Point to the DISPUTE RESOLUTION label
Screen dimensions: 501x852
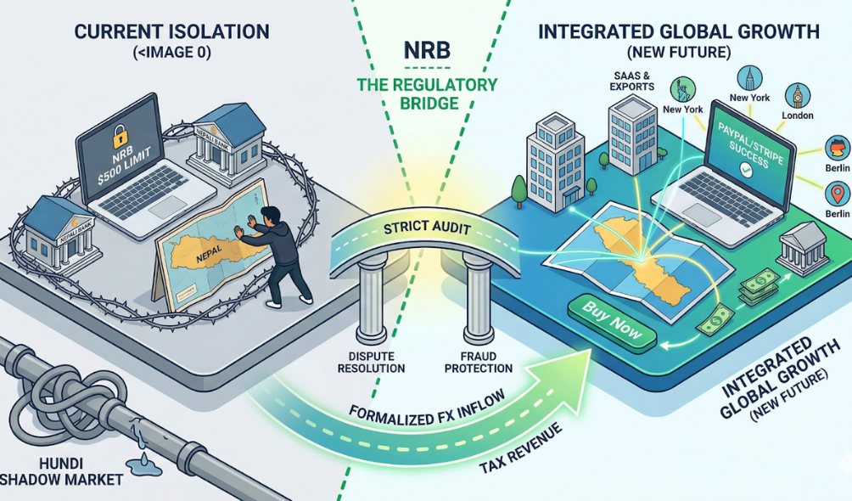[371, 361]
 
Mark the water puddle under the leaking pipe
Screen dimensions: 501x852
[145, 461]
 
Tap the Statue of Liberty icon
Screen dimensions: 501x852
[682, 88]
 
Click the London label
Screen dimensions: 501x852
[797, 115]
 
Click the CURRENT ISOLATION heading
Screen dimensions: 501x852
[171, 32]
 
